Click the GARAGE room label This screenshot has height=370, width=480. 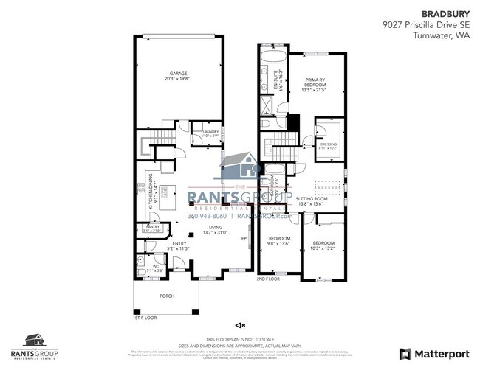[x=177, y=74]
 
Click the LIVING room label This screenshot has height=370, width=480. [x=215, y=228]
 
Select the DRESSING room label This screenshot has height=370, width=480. [x=328, y=144]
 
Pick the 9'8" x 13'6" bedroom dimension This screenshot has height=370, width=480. [x=279, y=244]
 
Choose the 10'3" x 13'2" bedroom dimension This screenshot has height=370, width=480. [x=323, y=248]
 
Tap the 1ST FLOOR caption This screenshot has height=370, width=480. [x=144, y=318]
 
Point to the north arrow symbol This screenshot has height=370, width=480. [x=239, y=324]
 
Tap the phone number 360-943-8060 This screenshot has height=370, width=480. [x=208, y=217]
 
